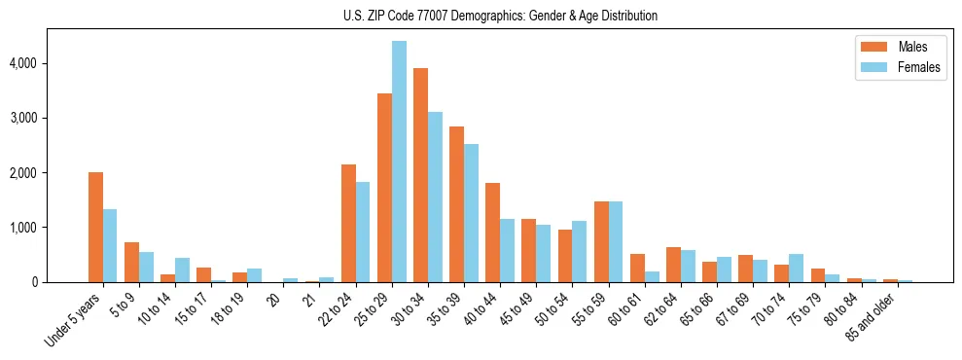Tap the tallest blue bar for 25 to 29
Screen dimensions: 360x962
tap(399, 162)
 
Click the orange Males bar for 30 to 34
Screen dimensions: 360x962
tap(420, 175)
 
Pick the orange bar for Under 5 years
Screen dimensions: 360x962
tap(95, 227)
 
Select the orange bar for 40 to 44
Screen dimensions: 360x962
tap(492, 233)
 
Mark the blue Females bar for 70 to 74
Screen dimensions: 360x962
tap(796, 268)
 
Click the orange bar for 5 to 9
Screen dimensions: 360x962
tap(131, 262)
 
